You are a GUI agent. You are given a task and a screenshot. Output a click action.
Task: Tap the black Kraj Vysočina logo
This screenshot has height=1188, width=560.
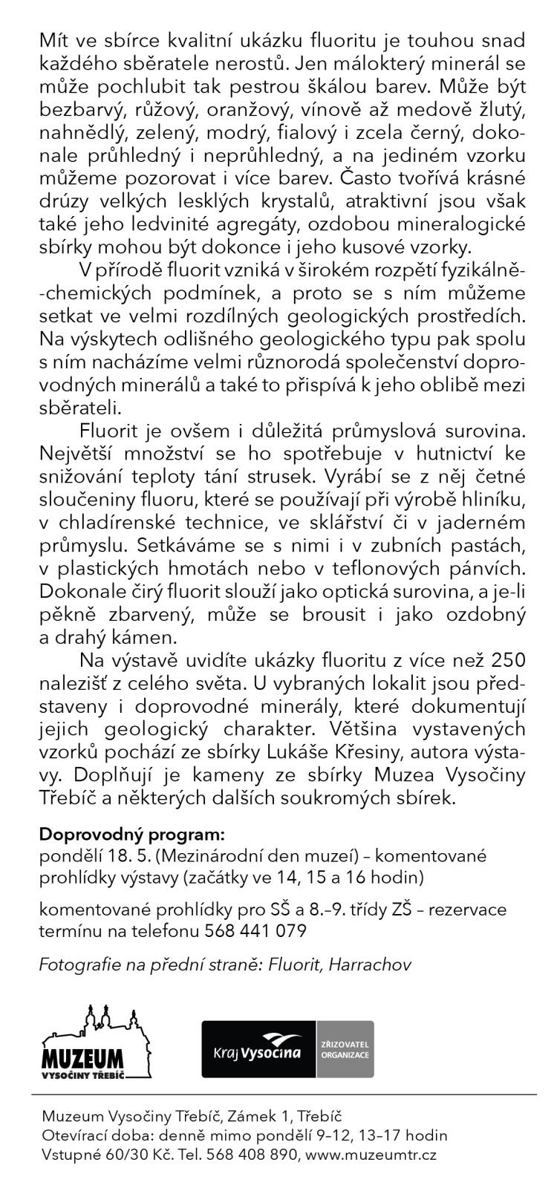tap(259, 1049)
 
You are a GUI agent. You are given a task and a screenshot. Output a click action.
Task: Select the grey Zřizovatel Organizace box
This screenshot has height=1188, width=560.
tap(345, 1049)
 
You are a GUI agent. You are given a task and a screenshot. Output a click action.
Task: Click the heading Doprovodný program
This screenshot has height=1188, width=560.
tap(131, 832)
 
